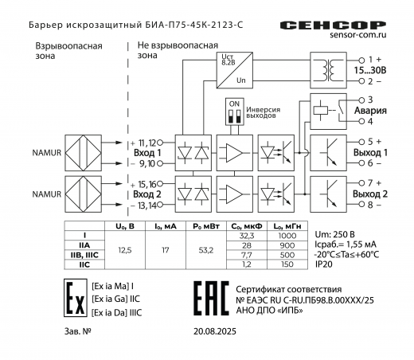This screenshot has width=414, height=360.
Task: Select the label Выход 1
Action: click(x=370, y=151)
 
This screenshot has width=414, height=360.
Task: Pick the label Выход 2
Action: click(x=370, y=194)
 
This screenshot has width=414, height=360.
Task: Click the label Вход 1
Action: click(x=147, y=151)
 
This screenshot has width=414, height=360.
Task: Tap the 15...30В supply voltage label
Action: click(x=370, y=70)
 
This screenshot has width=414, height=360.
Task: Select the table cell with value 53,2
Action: click(x=205, y=250)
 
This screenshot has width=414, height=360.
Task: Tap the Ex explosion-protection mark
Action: click(x=73, y=298)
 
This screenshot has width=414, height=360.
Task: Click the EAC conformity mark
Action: click(x=209, y=297)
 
